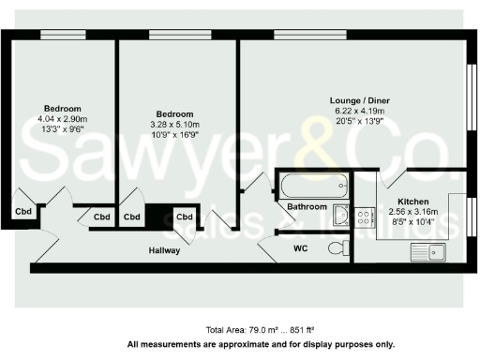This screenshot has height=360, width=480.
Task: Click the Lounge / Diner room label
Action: tap(359, 100)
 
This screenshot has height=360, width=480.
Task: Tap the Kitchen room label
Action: tap(412, 202)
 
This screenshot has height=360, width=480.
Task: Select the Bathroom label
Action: tap(307, 206)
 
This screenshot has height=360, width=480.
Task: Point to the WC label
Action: tap(301, 248)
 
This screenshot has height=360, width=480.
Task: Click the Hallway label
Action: tap(164, 250)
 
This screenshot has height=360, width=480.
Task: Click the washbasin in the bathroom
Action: tap(341, 216)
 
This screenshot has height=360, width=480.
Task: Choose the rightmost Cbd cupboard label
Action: tap(185, 217)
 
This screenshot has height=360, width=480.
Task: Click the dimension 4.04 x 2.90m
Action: tap(62, 120)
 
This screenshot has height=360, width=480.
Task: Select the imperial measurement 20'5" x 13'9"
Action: tap(359, 122)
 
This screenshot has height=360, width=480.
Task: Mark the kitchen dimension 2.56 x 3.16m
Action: tap(412, 212)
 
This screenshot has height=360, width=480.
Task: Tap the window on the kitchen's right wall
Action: tap(471, 217)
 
